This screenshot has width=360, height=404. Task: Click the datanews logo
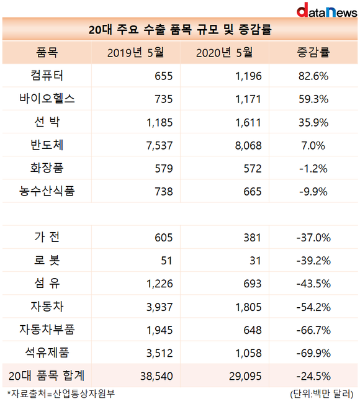coord(326,10)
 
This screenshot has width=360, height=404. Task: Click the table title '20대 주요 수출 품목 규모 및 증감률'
coord(180,29)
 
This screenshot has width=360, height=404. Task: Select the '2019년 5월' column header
coord(135,53)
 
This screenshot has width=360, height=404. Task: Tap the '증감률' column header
coord(313,52)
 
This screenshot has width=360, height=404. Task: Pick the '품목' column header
coord(47,52)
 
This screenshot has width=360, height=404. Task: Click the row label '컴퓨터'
coord(47,76)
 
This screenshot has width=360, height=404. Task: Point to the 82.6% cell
coord(313,76)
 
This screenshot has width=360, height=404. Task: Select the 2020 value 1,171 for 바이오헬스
coord(248,99)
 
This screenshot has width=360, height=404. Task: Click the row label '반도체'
coord(47,145)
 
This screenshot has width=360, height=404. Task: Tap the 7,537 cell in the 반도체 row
coord(160,146)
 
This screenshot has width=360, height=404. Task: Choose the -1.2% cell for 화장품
coord(313,169)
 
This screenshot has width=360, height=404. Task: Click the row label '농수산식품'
coord(47,191)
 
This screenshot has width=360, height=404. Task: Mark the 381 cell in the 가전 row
coord(252,238)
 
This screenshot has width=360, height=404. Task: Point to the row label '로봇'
coord(47,260)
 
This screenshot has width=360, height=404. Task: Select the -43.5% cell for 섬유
coord(313,284)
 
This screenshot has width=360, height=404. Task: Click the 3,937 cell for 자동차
coord(160,307)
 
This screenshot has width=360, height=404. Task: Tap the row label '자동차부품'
coord(47,330)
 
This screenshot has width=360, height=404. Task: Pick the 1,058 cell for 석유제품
coord(248,353)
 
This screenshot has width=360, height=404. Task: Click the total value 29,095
coord(245,377)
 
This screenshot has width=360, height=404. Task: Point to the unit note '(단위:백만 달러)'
coord(322,394)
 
